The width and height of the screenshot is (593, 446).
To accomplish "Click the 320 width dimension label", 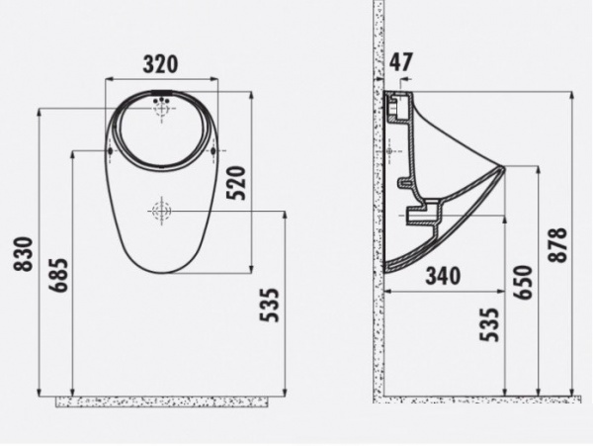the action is coord(160,64).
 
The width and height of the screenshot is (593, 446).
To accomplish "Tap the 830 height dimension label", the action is coord(24,254).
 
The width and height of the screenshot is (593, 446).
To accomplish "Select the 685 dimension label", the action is coord(58,275).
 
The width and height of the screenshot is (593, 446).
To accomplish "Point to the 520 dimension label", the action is coord(236,183).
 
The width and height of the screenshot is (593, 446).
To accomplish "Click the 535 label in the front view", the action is coord(269,306).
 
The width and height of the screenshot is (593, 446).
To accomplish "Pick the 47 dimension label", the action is coord(401,62).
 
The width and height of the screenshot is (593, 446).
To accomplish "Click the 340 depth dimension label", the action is coord(443,276).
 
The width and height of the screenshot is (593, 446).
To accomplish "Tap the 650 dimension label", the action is coord(523,282).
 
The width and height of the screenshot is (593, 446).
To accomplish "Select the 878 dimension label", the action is coord(557,244).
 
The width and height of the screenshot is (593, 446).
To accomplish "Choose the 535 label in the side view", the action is coord(489,324).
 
